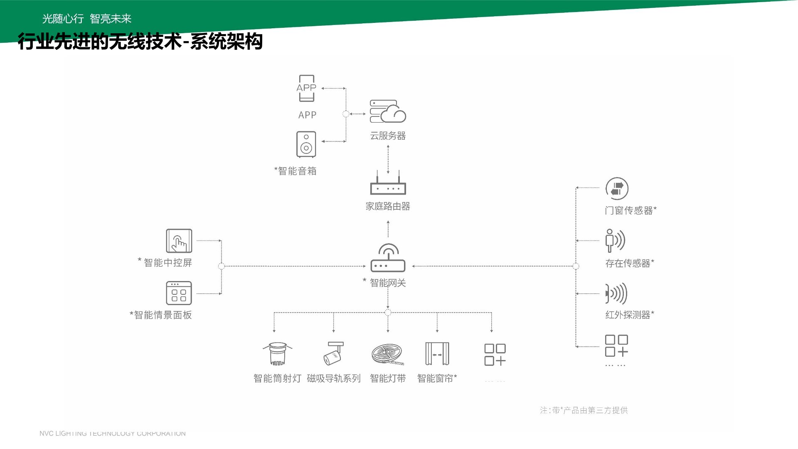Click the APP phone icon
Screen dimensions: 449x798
pyautogui.click(x=306, y=88)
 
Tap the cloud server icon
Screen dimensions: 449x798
pyautogui.click(x=388, y=111)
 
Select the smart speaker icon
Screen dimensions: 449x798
pyautogui.click(x=306, y=144)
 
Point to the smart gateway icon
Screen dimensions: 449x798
pyautogui.click(x=388, y=258)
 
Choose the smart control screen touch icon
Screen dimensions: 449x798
pyautogui.click(x=179, y=241)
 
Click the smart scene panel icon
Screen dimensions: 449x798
pyautogui.click(x=179, y=293)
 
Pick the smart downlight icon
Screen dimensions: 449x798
pyautogui.click(x=277, y=353)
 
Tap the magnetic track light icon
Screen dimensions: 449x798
pyautogui.click(x=334, y=353)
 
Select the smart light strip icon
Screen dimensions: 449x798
pyautogui.click(x=387, y=354)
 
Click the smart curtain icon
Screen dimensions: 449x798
pyautogui.click(x=437, y=354)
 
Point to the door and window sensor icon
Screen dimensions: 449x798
pyautogui.click(x=617, y=189)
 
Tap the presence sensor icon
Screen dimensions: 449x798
pyautogui.click(x=615, y=240)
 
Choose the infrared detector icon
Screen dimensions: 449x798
pyautogui.click(x=616, y=294)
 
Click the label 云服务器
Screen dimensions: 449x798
pyautogui.click(x=388, y=136)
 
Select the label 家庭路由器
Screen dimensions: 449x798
pyautogui.click(x=388, y=206)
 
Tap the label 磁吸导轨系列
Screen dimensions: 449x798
pyautogui.click(x=334, y=378)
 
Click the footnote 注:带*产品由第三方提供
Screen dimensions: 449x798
pyautogui.click(x=584, y=410)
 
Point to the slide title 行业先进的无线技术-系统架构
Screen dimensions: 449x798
pyautogui.click(x=140, y=42)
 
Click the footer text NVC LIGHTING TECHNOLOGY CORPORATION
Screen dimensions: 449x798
pyautogui.click(x=113, y=434)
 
